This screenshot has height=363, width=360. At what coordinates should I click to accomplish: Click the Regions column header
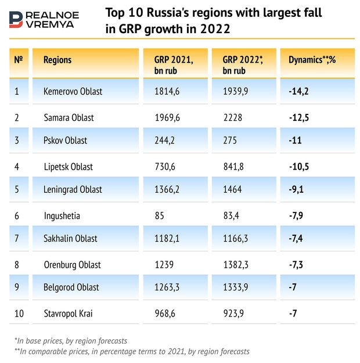click(57, 60)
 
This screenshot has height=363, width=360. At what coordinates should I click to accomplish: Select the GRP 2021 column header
click(173, 65)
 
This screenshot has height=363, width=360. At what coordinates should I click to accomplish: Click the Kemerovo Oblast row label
click(73, 91)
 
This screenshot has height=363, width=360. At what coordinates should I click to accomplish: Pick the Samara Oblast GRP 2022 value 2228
click(232, 117)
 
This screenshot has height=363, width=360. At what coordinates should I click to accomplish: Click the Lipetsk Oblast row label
click(69, 167)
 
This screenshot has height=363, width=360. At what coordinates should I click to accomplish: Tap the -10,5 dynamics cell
click(300, 167)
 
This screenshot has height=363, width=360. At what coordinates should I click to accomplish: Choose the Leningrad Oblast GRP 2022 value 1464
click(232, 189)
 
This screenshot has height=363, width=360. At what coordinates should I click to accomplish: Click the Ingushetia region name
click(62, 216)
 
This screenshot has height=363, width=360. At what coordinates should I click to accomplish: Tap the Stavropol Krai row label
click(68, 314)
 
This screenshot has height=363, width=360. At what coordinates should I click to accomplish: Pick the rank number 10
click(19, 314)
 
